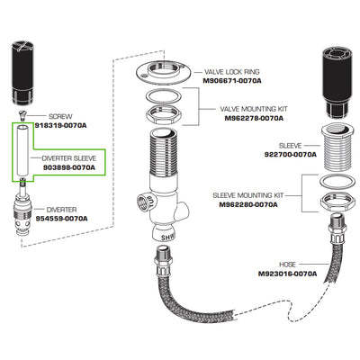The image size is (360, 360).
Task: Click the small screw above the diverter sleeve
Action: click(x=22, y=114)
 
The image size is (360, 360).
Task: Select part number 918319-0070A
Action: click(x=60, y=125)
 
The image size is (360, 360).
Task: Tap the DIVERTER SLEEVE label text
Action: click(x=69, y=158)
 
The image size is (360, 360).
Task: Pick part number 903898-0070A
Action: click(x=69, y=167)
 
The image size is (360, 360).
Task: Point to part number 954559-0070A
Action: click(x=62, y=219)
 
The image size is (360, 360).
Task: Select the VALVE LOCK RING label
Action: click(x=232, y=72)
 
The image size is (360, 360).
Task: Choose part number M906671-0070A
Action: click(x=232, y=81)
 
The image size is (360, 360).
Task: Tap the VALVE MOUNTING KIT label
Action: click(x=254, y=109)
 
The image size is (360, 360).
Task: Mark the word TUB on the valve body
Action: click(x=150, y=202)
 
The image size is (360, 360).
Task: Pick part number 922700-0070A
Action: click(x=290, y=155)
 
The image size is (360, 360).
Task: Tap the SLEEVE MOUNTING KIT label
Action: click(x=247, y=195)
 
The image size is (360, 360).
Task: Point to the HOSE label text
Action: click(x=287, y=265)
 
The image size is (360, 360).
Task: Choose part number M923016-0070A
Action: click(x=287, y=274)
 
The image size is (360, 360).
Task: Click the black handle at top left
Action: click(x=22, y=74)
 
